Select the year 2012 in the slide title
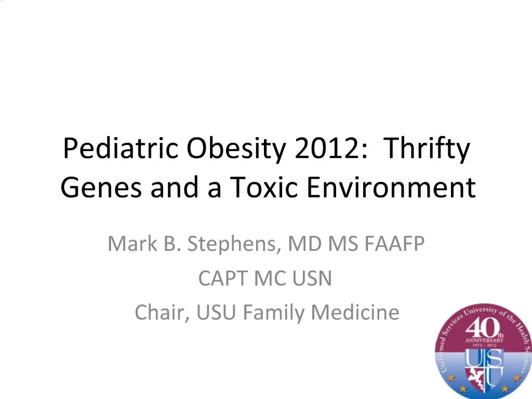[x=326, y=149]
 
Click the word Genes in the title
[x=102, y=188]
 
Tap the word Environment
[x=391, y=188]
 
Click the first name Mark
[x=128, y=243]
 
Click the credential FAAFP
[x=393, y=243]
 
